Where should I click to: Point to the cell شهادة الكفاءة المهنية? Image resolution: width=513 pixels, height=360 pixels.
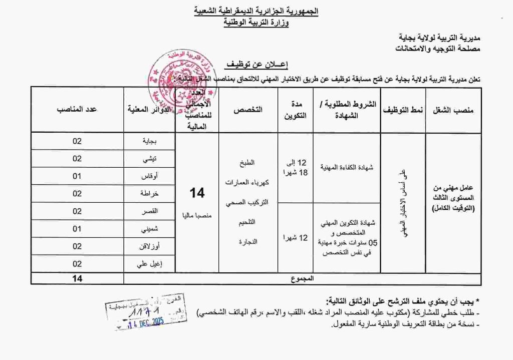[346, 168]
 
